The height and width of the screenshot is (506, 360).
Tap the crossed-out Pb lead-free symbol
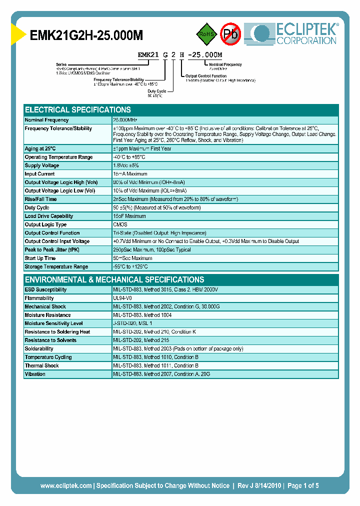pos(231,34)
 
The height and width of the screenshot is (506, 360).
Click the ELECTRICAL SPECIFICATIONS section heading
pos(78,109)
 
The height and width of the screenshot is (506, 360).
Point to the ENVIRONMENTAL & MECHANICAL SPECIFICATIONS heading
pos(114,279)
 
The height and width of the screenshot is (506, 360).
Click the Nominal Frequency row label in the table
pos(47,120)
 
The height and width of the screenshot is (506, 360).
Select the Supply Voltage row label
pos(42,165)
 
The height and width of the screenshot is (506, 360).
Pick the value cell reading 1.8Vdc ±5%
pos(126,165)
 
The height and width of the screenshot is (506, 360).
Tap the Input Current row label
pos(40,174)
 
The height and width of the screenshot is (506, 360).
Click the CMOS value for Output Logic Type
pos(120,224)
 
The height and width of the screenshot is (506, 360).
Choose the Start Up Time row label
pos(40,258)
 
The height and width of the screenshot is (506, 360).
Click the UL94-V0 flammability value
pos(123,298)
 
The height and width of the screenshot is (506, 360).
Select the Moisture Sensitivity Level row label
pos(53,323)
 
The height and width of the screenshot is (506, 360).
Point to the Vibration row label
pos(35,374)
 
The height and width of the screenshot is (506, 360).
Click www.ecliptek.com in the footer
pos(66,485)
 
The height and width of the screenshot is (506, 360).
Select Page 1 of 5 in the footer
pos(303,485)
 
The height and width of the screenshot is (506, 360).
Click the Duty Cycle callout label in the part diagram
pos(157,91)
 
